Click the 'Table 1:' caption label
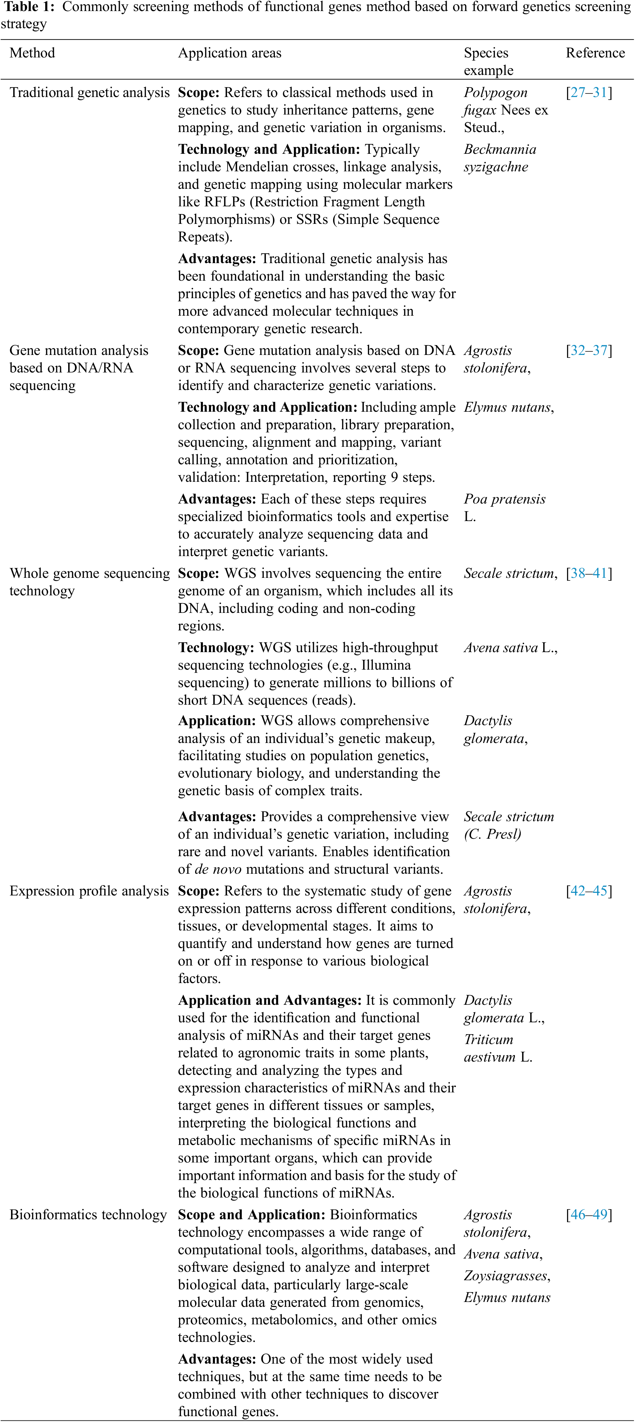coord(29,7)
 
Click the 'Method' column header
coord(32,53)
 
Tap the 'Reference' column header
coord(595,53)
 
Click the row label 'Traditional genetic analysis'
coord(90,93)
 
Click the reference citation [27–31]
coord(589,93)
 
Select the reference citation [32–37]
coord(589,350)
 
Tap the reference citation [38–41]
coord(589,574)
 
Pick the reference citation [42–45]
coord(589,891)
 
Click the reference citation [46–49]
coord(589,1215)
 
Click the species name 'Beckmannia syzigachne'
coord(499,158)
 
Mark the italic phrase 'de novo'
coord(218,869)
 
